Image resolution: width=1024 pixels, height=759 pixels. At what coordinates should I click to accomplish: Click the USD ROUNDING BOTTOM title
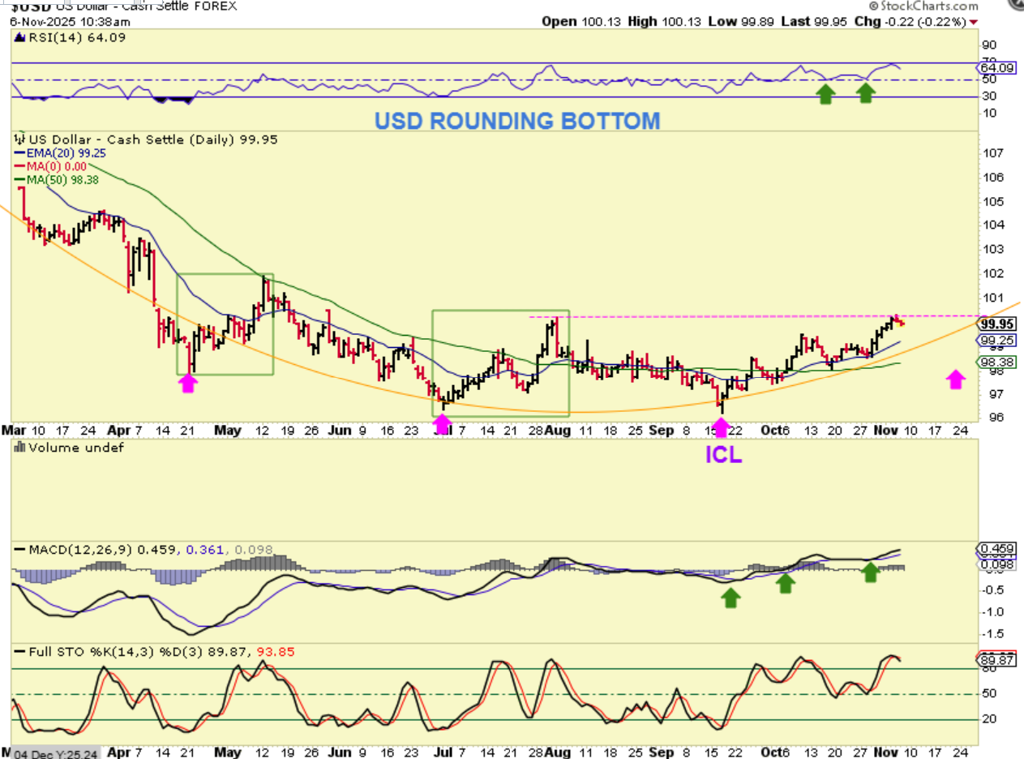click(x=517, y=121)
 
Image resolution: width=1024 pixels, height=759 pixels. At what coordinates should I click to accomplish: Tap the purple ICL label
click(x=722, y=455)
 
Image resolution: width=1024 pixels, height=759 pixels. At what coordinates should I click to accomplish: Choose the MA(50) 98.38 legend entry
click(x=66, y=180)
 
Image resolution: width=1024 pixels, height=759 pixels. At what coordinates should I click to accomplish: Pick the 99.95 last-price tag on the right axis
click(x=996, y=322)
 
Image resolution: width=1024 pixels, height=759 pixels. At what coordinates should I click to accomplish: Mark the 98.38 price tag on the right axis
click(x=996, y=362)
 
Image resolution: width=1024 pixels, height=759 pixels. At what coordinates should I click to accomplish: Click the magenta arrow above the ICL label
click(x=722, y=427)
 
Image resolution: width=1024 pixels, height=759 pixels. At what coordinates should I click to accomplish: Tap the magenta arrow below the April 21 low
click(x=188, y=383)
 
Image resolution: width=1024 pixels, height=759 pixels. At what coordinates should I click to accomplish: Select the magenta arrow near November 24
click(x=956, y=379)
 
